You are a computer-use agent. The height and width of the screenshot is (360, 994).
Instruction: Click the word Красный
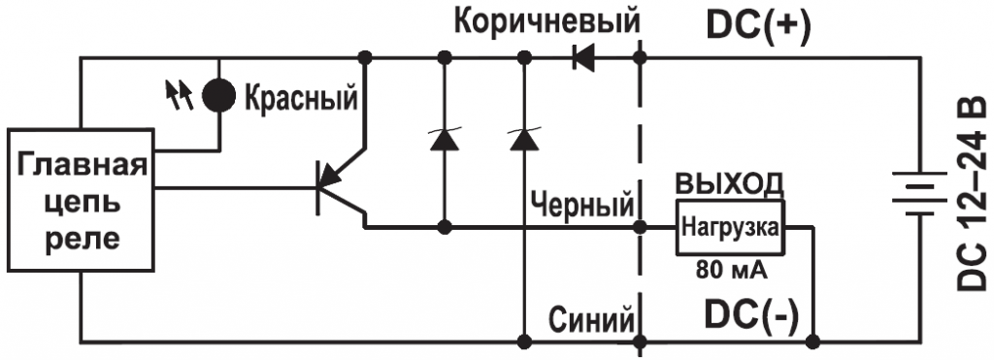[x=301, y=97]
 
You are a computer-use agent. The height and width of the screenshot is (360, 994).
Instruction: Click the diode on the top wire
[x=583, y=59]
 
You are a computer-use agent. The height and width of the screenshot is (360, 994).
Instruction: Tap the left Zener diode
[x=445, y=139]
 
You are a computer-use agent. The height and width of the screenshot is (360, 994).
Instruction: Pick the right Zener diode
[x=524, y=139]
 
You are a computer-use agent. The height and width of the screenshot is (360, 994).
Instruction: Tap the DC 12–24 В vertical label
[x=972, y=194]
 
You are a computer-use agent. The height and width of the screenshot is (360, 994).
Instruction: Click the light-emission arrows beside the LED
[x=181, y=93]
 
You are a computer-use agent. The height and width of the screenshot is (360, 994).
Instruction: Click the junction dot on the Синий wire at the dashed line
[x=640, y=341]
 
